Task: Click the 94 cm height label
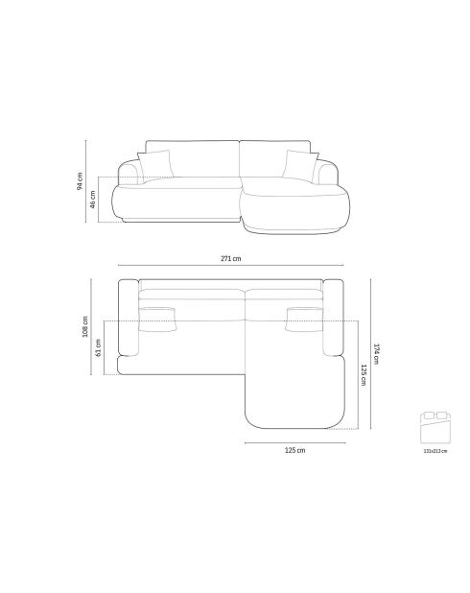[81, 180]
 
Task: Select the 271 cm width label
[230, 258]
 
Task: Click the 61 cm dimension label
[99, 347]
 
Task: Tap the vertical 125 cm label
[364, 374]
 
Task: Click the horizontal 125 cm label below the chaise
[294, 449]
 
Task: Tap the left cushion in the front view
[157, 165]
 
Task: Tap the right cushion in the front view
[299, 165]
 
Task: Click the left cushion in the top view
[158, 317]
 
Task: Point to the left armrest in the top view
[128, 321]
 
